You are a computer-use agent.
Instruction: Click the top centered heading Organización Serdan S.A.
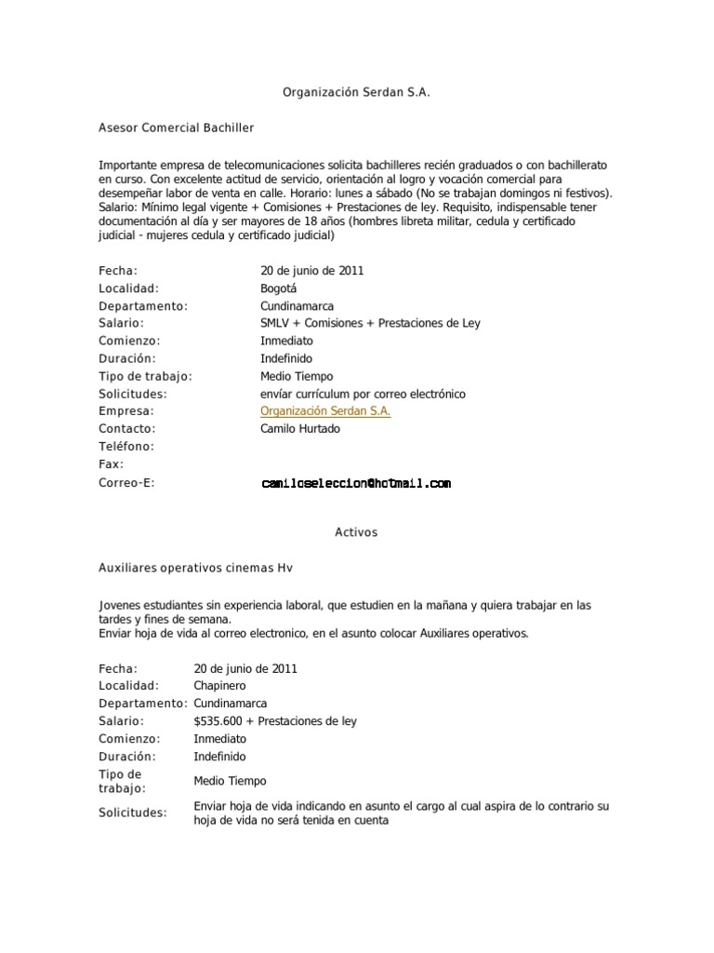point(357,93)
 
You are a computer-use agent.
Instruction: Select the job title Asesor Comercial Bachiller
point(176,127)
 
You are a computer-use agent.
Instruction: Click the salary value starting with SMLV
point(370,323)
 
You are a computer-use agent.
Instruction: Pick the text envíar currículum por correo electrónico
point(363,394)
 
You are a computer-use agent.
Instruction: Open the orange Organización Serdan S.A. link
point(325,411)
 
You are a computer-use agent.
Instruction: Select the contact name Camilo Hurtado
point(300,429)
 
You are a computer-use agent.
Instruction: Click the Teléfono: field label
point(126,447)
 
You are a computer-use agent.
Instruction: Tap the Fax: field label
point(111,464)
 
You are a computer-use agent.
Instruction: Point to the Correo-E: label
point(126,483)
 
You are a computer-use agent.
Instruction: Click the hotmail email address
point(356,484)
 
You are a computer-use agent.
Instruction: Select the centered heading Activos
point(356,532)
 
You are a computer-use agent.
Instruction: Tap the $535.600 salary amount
point(218,721)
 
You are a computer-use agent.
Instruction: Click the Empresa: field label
point(126,411)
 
